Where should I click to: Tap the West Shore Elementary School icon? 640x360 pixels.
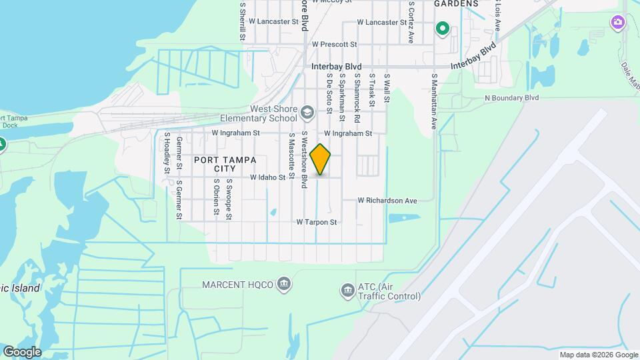pos(307,112)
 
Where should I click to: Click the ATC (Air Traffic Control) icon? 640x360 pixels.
pos(347,290)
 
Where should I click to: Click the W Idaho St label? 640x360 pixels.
pos(268,178)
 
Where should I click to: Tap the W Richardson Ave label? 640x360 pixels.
pos(387,201)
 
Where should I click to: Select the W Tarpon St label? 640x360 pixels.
pos(317,222)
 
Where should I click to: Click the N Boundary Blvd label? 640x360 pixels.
pos(512,98)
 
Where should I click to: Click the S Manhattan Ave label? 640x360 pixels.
pos(433,101)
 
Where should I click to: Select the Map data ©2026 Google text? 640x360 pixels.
pos(598,355)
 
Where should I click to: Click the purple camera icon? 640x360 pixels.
pos(618,23)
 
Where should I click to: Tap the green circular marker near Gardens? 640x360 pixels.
pos(441,29)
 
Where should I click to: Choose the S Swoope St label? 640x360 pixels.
pos(228,198)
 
